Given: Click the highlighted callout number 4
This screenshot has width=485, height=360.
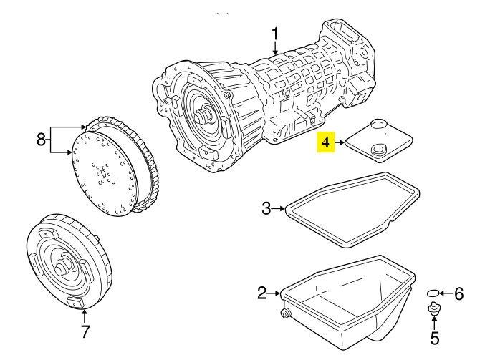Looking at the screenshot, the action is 325,142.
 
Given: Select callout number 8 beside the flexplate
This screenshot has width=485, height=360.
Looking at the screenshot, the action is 41,140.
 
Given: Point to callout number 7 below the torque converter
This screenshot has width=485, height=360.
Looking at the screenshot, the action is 85,331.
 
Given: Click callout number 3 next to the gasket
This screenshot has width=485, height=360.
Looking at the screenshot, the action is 266,208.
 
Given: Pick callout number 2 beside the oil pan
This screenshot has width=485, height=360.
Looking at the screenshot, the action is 261,293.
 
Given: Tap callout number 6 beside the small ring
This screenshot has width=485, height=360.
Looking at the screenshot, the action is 459,293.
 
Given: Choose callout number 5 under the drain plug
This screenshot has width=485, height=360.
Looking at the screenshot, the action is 435,338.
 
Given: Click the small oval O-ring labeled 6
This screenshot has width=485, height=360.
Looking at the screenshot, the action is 433,293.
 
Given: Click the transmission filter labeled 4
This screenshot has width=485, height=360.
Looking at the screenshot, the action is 378,141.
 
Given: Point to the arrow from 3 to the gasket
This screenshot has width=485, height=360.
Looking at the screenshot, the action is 279,208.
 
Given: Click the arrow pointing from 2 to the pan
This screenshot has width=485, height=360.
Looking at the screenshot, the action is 274,293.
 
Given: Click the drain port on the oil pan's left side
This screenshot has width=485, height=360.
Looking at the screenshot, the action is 284,313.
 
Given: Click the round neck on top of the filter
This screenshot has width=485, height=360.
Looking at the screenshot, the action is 378,125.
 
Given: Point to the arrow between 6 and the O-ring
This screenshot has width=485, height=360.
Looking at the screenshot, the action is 446,293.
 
